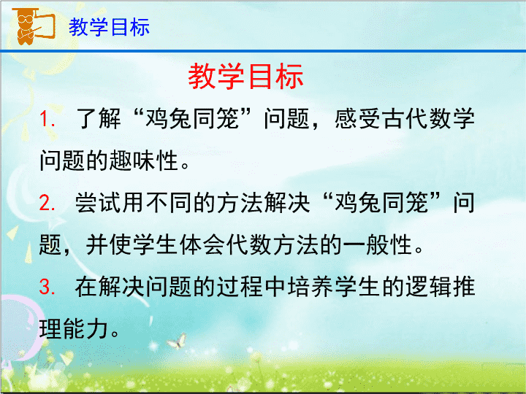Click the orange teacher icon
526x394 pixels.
click(33, 26)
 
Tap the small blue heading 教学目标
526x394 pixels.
click(109, 27)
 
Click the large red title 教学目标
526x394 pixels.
click(245, 77)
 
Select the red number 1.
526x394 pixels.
click(47, 119)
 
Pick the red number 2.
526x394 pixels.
click(47, 203)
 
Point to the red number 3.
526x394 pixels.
click(47, 287)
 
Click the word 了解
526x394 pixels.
click(99, 119)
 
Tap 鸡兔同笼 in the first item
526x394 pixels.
click(192, 119)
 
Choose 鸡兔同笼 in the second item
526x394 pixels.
click(381, 203)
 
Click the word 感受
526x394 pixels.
click(357, 119)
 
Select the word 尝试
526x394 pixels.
click(98, 203)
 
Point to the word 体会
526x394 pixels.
click(202, 244)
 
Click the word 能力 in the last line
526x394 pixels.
click(85, 328)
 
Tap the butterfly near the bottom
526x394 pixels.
click(178, 341)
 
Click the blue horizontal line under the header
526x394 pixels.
click(263, 51)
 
